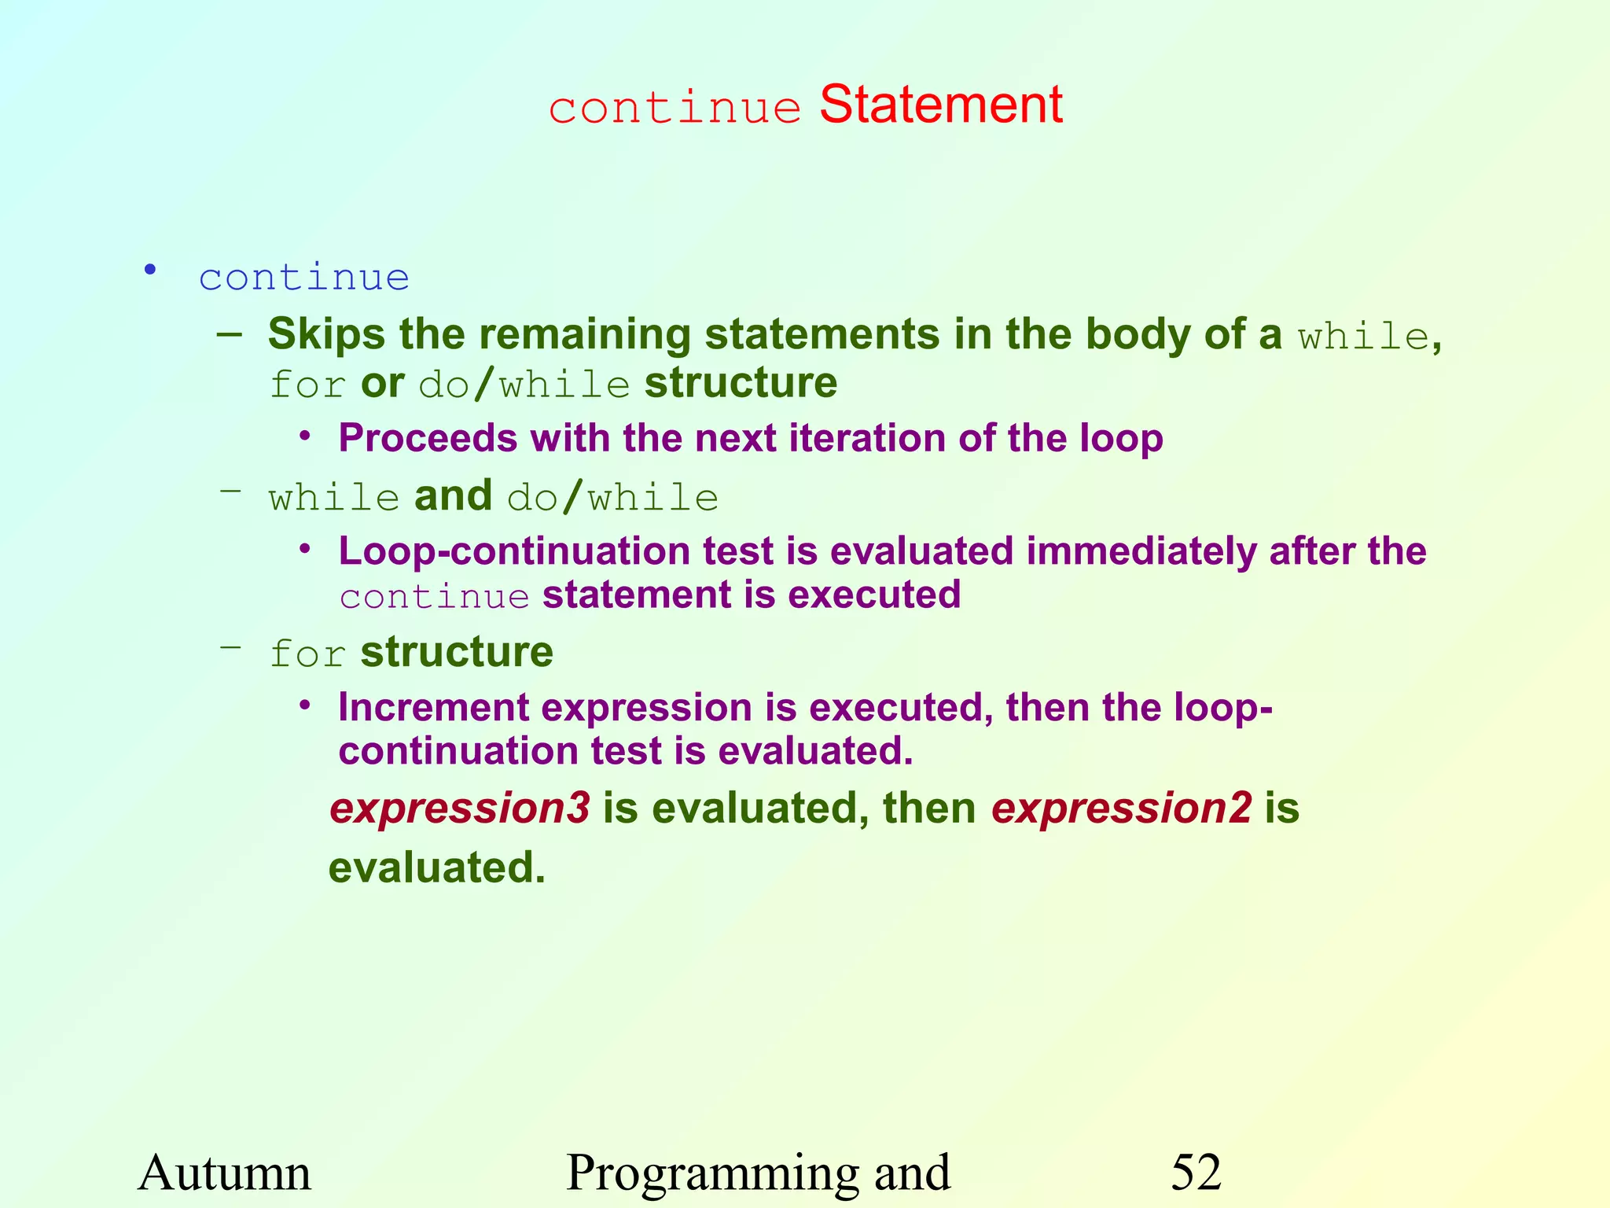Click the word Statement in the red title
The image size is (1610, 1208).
940,105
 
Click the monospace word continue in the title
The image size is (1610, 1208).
675,108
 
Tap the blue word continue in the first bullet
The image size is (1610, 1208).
303,278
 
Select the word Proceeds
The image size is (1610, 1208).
428,438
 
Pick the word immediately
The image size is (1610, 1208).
1141,551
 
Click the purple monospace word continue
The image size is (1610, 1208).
435,597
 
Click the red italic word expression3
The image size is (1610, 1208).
460,808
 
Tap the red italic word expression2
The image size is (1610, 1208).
1121,808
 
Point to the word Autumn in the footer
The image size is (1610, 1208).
225,1173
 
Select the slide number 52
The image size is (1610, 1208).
1196,1173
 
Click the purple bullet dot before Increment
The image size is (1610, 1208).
306,705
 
